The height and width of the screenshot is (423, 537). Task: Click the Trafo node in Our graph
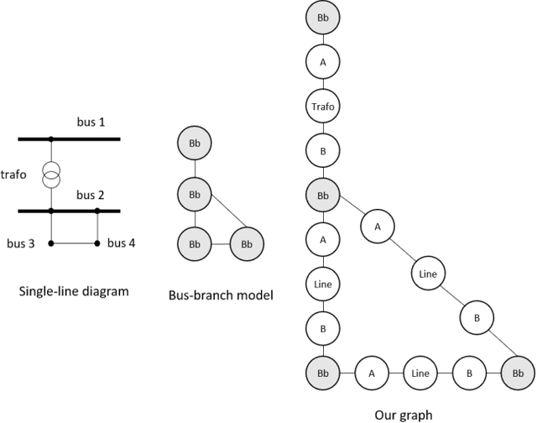tap(321, 107)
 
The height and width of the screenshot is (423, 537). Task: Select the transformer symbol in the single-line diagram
tap(52, 175)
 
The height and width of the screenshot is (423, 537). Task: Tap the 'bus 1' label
tap(91, 123)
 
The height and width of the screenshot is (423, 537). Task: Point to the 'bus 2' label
tap(91, 196)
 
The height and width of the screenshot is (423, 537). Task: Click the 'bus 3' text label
tap(22, 244)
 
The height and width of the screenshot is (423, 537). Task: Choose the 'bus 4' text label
tap(121, 243)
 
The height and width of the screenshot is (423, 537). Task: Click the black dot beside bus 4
tap(97, 244)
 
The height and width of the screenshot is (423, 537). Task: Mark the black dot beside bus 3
tap(52, 244)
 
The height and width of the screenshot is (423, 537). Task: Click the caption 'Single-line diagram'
tap(75, 292)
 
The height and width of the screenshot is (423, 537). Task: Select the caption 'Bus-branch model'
tap(221, 295)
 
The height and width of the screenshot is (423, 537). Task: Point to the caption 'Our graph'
tap(404, 414)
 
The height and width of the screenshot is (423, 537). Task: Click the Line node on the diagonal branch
tap(428, 273)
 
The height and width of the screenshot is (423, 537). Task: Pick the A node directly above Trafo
tap(321, 60)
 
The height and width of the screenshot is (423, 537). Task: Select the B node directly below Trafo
tap(321, 152)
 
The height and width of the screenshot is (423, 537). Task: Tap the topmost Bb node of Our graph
tap(321, 15)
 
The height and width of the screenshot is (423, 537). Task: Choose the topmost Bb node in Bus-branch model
tap(195, 145)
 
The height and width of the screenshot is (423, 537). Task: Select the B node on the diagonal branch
tap(476, 317)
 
